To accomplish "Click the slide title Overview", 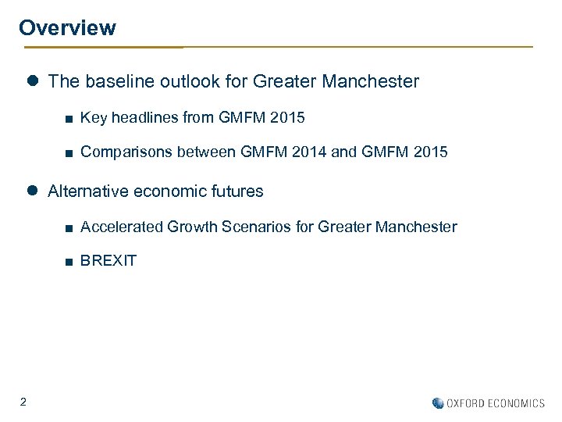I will click(x=67, y=28).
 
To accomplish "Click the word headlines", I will click(x=144, y=118).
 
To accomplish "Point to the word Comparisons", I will click(x=126, y=152).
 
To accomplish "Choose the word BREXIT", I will click(x=108, y=261).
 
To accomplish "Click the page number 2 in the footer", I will click(x=23, y=402).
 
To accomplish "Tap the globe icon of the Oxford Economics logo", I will click(x=438, y=403).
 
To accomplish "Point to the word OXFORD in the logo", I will click(x=465, y=403).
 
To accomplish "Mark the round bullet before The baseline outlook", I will click(x=33, y=81).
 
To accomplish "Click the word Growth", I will click(x=193, y=227).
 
